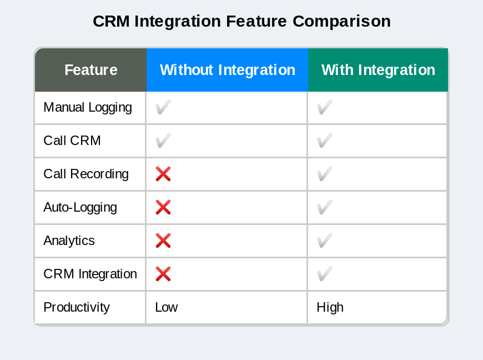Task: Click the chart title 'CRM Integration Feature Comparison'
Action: [241, 21]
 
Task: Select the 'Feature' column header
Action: [90, 70]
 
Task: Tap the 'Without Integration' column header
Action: [227, 70]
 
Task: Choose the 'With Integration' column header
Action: [378, 70]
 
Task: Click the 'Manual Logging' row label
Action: [88, 107]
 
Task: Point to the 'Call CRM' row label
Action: [72, 141]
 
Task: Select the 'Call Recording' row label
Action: [86, 174]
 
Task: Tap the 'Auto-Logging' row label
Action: [80, 207]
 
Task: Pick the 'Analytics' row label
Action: [69, 241]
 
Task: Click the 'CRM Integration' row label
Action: [90, 274]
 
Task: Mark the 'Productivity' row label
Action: [77, 307]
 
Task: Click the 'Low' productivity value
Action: [166, 307]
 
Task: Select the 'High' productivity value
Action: [330, 307]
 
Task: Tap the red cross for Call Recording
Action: [163, 174]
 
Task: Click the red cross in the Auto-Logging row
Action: [163, 207]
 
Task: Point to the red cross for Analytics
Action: [163, 241]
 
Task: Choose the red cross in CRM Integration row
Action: [163, 274]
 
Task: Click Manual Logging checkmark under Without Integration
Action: [163, 107]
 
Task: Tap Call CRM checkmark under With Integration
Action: [324, 141]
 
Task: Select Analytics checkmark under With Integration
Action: [324, 241]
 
